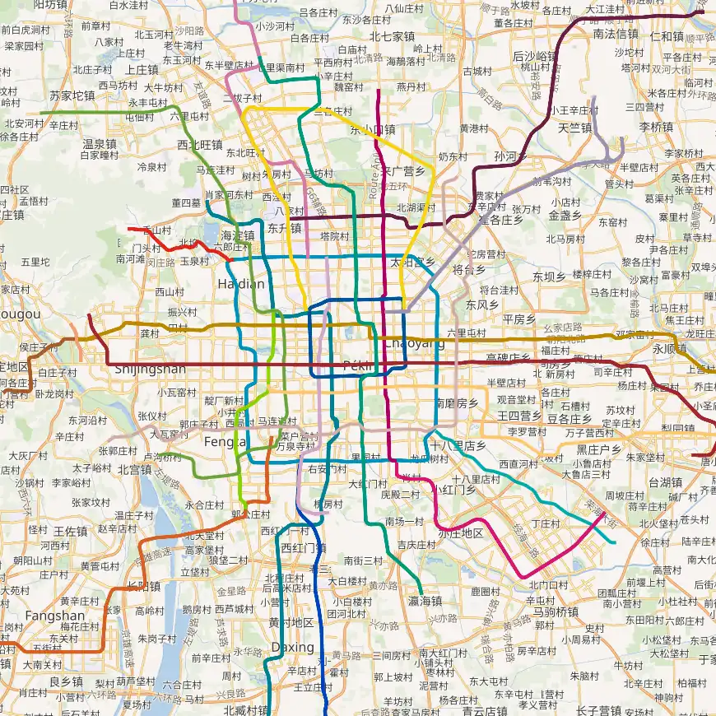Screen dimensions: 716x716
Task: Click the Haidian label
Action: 241,284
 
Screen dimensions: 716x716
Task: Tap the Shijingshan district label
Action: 150,369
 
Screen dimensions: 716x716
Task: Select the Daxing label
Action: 292,647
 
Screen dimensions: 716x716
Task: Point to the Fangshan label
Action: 54,616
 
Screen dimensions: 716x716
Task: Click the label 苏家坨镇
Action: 72,95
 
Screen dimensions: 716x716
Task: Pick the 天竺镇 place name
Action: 574,128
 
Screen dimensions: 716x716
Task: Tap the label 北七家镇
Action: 392,36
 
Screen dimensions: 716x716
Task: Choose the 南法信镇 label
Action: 616,34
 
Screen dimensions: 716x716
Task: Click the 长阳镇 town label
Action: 144,586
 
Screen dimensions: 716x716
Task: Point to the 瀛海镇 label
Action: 425,601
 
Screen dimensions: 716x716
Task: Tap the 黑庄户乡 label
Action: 598,449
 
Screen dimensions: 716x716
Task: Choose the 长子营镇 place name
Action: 598,710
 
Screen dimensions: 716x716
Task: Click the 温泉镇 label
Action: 99,143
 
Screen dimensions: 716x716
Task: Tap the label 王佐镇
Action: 70,531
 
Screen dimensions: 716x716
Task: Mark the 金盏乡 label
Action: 565,215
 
